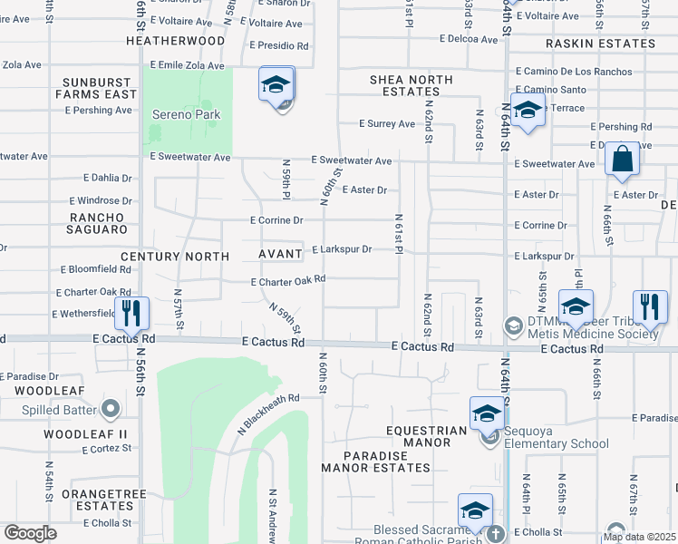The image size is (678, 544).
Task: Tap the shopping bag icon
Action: click(x=623, y=159)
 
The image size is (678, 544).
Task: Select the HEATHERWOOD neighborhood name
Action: click(x=176, y=42)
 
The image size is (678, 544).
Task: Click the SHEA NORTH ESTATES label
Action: click(x=411, y=86)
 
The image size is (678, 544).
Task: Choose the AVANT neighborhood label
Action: click(x=281, y=257)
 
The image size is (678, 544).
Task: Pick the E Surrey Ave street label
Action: click(x=387, y=124)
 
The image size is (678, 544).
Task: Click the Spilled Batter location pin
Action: click(x=111, y=410)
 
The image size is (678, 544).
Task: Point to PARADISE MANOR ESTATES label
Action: click(x=375, y=461)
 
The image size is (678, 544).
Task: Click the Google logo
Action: click(x=30, y=533)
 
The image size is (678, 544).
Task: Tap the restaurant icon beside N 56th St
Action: click(x=134, y=314)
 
